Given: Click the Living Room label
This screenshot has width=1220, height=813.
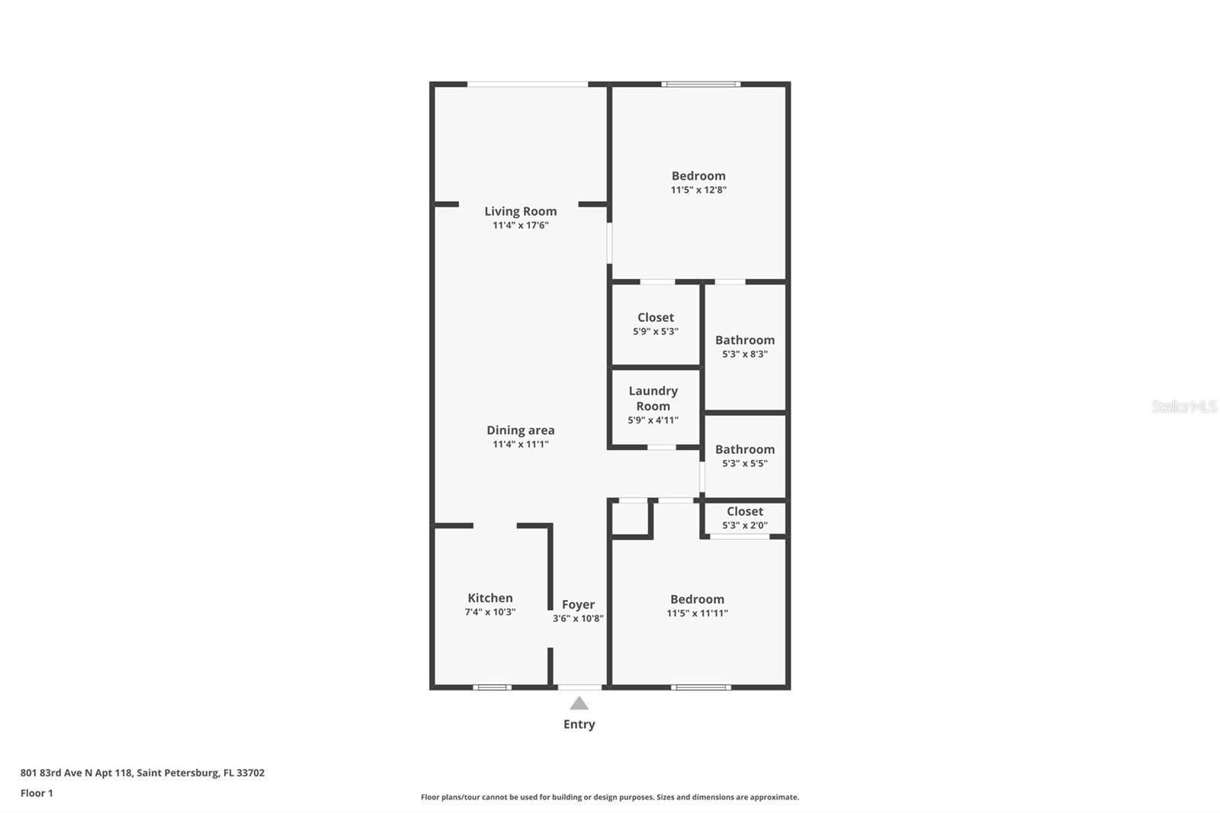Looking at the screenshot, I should pyautogui.click(x=520, y=211).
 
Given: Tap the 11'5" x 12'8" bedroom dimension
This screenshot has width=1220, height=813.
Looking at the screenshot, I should pyautogui.click(x=698, y=190).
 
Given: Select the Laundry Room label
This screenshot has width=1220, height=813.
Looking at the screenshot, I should pyautogui.click(x=653, y=398).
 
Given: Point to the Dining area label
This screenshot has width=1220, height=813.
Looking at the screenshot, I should pyautogui.click(x=520, y=430).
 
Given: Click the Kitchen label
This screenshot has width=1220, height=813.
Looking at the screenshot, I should pyautogui.click(x=490, y=598).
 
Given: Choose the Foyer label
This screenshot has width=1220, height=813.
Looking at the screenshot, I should pyautogui.click(x=578, y=604).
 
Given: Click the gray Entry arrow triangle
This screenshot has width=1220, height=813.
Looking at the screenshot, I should pyautogui.click(x=579, y=704).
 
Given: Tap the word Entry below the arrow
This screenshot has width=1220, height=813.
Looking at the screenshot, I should pyautogui.click(x=579, y=725).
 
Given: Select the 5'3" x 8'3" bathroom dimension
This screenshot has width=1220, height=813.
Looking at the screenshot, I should pyautogui.click(x=745, y=354).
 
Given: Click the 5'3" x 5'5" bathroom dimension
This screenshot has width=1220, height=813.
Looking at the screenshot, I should pyautogui.click(x=745, y=463).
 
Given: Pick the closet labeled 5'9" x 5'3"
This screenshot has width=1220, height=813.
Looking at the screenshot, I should pyautogui.click(x=656, y=324).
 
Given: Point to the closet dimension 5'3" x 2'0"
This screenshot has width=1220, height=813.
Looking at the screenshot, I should pyautogui.click(x=745, y=525).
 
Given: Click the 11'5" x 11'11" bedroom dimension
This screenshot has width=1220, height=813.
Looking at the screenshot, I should pyautogui.click(x=697, y=613).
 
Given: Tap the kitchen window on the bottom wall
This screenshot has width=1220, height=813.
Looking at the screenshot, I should pyautogui.click(x=492, y=687).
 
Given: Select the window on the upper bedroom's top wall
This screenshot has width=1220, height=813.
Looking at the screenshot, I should pyautogui.click(x=701, y=84).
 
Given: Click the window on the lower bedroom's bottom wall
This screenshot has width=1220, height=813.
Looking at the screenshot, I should pyautogui.click(x=701, y=687).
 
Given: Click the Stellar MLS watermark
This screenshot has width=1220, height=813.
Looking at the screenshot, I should pyautogui.click(x=1183, y=406).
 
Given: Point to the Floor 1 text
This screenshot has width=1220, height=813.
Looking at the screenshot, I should pyautogui.click(x=37, y=793).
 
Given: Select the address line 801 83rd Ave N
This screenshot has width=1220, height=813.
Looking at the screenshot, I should pyautogui.click(x=142, y=773).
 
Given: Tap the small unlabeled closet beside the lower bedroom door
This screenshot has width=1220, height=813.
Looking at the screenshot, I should pyautogui.click(x=630, y=519).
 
